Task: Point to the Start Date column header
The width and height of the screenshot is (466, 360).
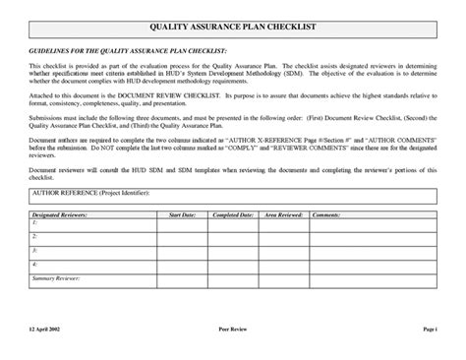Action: coord(182,213)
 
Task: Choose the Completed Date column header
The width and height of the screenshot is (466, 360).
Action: coord(233,213)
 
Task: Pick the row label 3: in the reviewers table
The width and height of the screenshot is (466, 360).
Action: coord(34,251)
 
